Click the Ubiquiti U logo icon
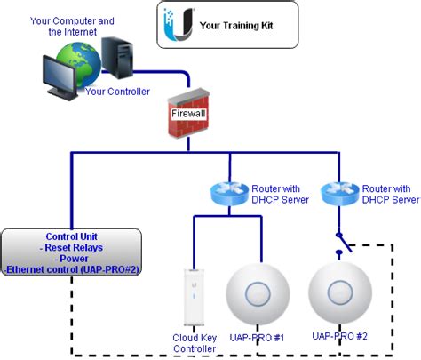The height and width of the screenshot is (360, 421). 177,24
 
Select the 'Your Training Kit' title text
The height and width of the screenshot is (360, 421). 234,26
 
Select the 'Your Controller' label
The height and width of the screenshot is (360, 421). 117,91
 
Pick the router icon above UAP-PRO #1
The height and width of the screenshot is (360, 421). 229,193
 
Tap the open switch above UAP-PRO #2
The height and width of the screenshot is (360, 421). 339,241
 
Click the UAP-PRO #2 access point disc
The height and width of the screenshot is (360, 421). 339,293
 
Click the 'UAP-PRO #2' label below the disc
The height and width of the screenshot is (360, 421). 341,337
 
